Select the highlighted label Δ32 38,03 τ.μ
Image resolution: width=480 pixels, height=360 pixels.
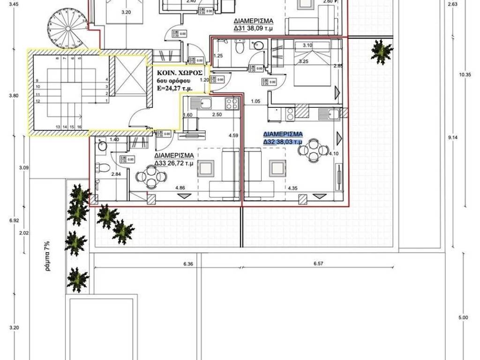coord(283,138)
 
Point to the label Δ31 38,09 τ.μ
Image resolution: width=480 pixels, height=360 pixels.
coord(253,25)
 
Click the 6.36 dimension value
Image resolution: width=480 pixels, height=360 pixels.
coord(188,264)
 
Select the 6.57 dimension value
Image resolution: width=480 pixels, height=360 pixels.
coord(318,264)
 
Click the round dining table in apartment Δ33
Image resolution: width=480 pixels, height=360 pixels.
coord(150,178)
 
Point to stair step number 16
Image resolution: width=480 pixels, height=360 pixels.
coord(80,127)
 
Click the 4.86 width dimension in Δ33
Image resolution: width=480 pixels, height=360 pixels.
coord(180,188)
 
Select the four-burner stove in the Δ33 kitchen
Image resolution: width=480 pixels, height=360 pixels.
coord(232,103)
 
